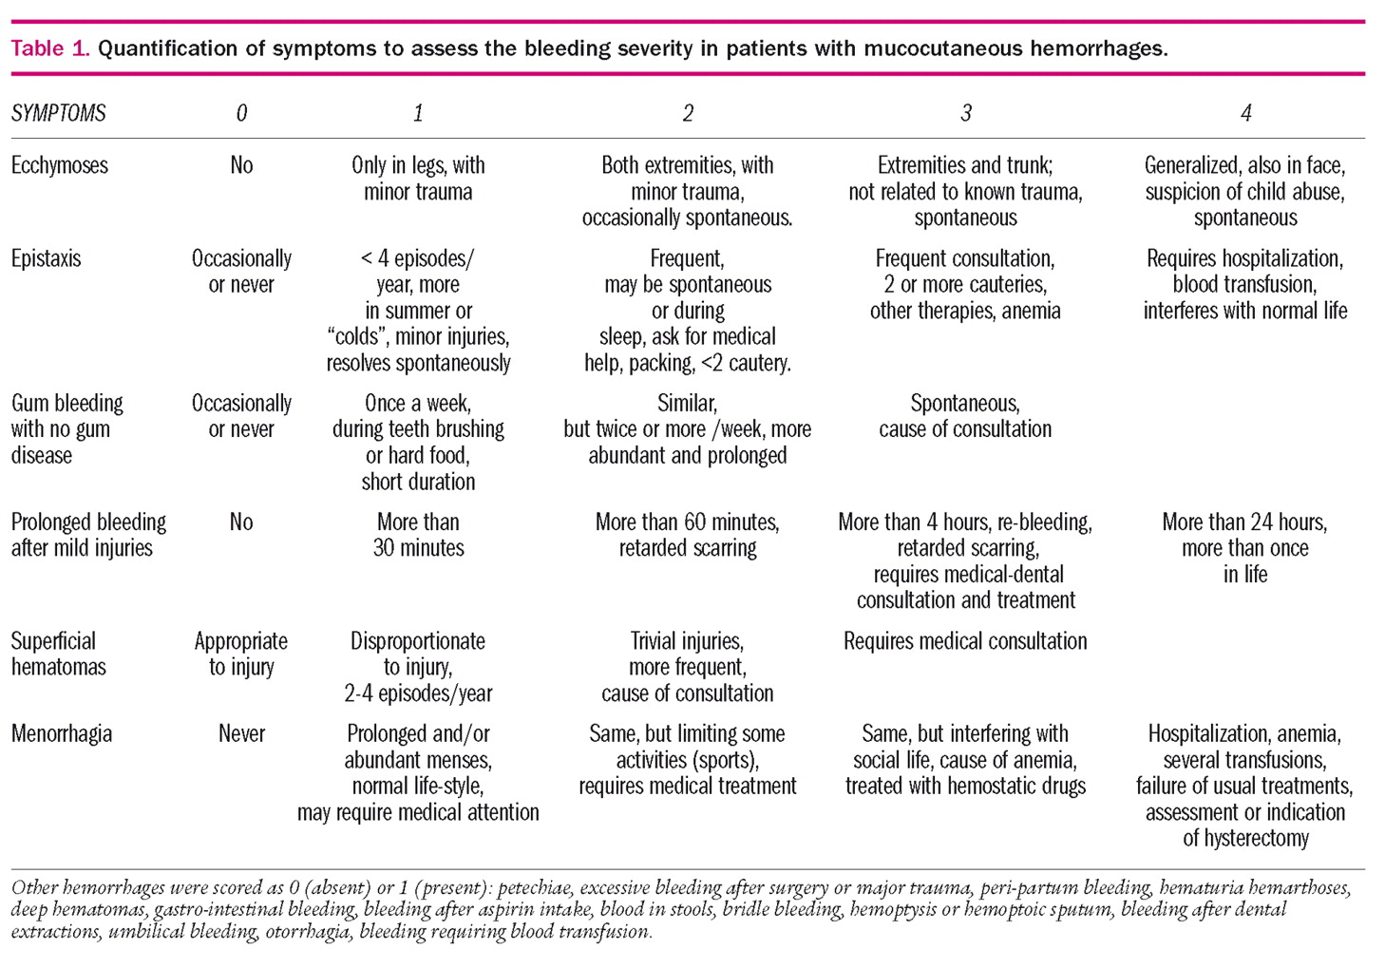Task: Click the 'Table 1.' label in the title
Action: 50,48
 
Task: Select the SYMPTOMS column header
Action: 58,114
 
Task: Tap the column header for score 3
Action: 965,114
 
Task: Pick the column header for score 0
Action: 241,114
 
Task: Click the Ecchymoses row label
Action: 59,165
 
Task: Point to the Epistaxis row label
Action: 46,258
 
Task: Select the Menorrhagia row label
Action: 61,734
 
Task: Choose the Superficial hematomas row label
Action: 58,654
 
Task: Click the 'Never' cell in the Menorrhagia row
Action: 241,734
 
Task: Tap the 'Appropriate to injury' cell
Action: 241,654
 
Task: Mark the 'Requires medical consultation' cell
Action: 965,641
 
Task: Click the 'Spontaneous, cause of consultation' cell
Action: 965,416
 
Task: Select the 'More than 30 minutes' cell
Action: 418,535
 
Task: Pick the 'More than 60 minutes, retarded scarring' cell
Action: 687,535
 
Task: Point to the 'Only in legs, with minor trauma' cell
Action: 418,179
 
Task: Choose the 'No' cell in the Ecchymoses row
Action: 241,165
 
